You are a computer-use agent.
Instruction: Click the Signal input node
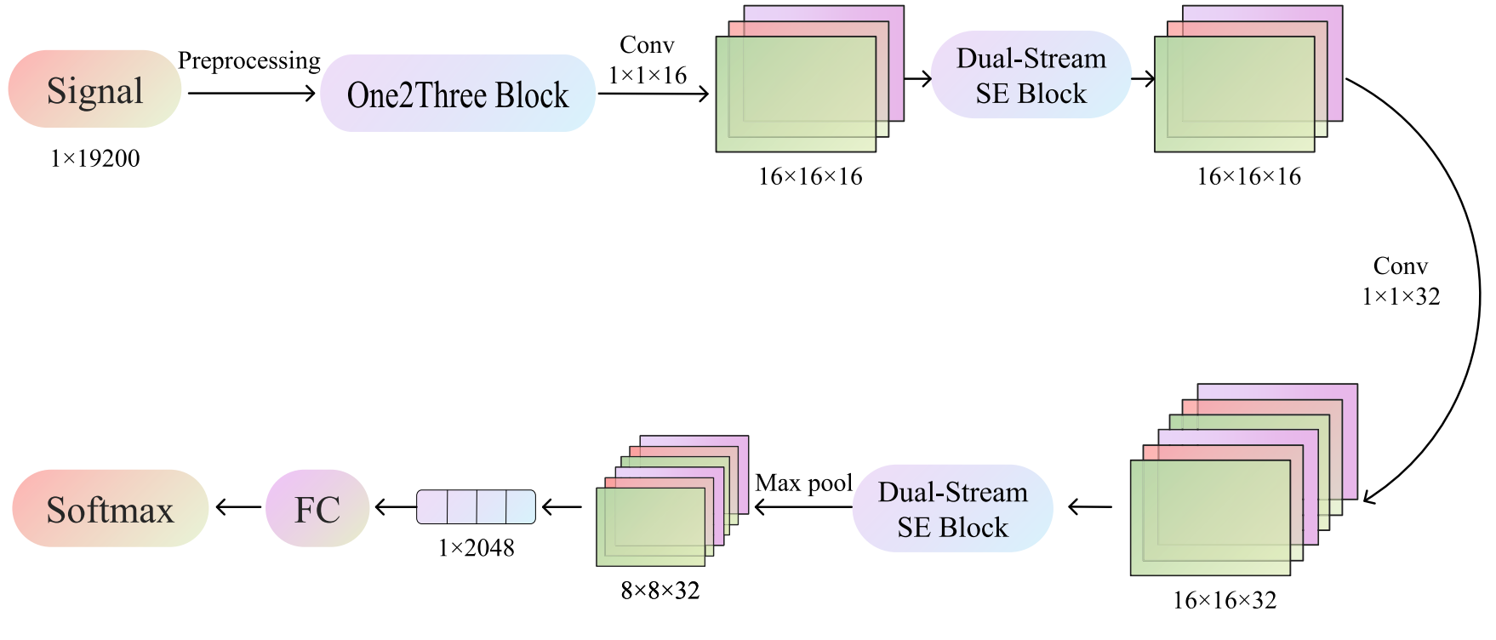pyautogui.click(x=94, y=89)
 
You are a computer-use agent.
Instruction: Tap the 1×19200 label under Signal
pyautogui.click(x=94, y=158)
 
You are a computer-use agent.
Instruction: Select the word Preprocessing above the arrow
pyautogui.click(x=248, y=61)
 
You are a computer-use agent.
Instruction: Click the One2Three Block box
pyautogui.click(x=458, y=94)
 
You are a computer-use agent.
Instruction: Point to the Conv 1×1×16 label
pyautogui.click(x=648, y=60)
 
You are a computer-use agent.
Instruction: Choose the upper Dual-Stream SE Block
pyautogui.click(x=1031, y=75)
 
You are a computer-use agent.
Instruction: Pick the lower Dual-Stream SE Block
pyautogui.click(x=952, y=509)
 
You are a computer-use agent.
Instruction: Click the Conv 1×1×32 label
pyautogui.click(x=1401, y=281)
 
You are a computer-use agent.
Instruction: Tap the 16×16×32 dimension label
pyautogui.click(x=1225, y=601)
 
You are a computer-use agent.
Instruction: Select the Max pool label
pyautogui.click(x=803, y=483)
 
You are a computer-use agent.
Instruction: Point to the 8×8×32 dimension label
pyautogui.click(x=660, y=591)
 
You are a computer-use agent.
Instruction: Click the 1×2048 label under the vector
pyautogui.click(x=477, y=548)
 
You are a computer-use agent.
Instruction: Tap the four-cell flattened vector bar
pyautogui.click(x=476, y=507)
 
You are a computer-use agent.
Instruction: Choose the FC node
pyautogui.click(x=317, y=509)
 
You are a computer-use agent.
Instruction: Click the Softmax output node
pyautogui.click(x=110, y=509)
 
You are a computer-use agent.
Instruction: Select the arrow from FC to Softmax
pyautogui.click(x=238, y=508)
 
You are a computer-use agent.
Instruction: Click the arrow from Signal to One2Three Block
pyautogui.click(x=251, y=93)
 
